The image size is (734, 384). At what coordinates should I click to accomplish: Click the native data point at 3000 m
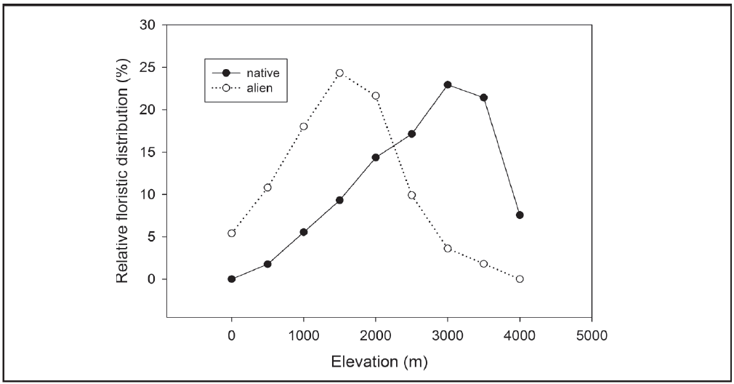click(448, 84)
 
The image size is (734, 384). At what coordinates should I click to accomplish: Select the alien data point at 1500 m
click(339, 73)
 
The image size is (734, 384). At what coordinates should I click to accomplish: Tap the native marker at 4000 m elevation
click(520, 215)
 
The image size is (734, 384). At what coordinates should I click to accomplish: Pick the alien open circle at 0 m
click(232, 233)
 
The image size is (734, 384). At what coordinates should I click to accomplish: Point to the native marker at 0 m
click(232, 279)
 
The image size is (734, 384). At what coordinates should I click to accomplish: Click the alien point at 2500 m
click(411, 195)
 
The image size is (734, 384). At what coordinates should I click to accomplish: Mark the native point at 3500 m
click(483, 97)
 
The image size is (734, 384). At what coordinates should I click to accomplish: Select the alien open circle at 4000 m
click(520, 279)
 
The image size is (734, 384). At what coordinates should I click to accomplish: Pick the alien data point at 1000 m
click(304, 126)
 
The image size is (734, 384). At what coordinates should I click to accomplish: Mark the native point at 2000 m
click(376, 157)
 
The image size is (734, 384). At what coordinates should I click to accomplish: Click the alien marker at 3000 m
click(448, 248)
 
